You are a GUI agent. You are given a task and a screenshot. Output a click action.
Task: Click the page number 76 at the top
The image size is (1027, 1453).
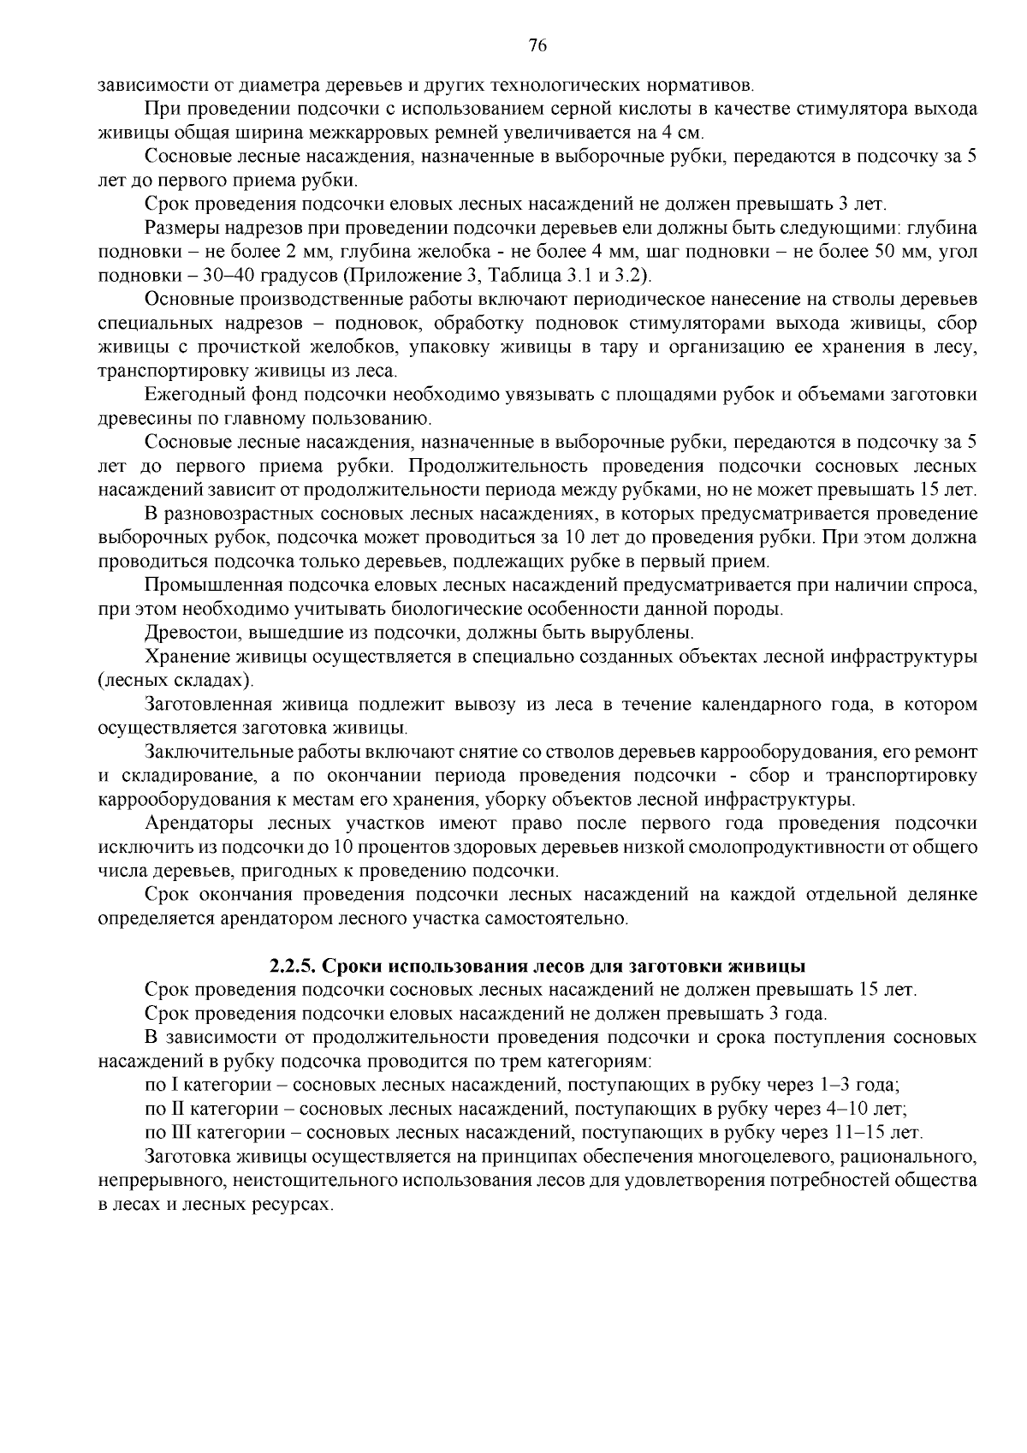tap(537, 45)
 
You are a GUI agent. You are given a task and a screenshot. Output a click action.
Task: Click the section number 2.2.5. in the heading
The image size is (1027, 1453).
tap(294, 967)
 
